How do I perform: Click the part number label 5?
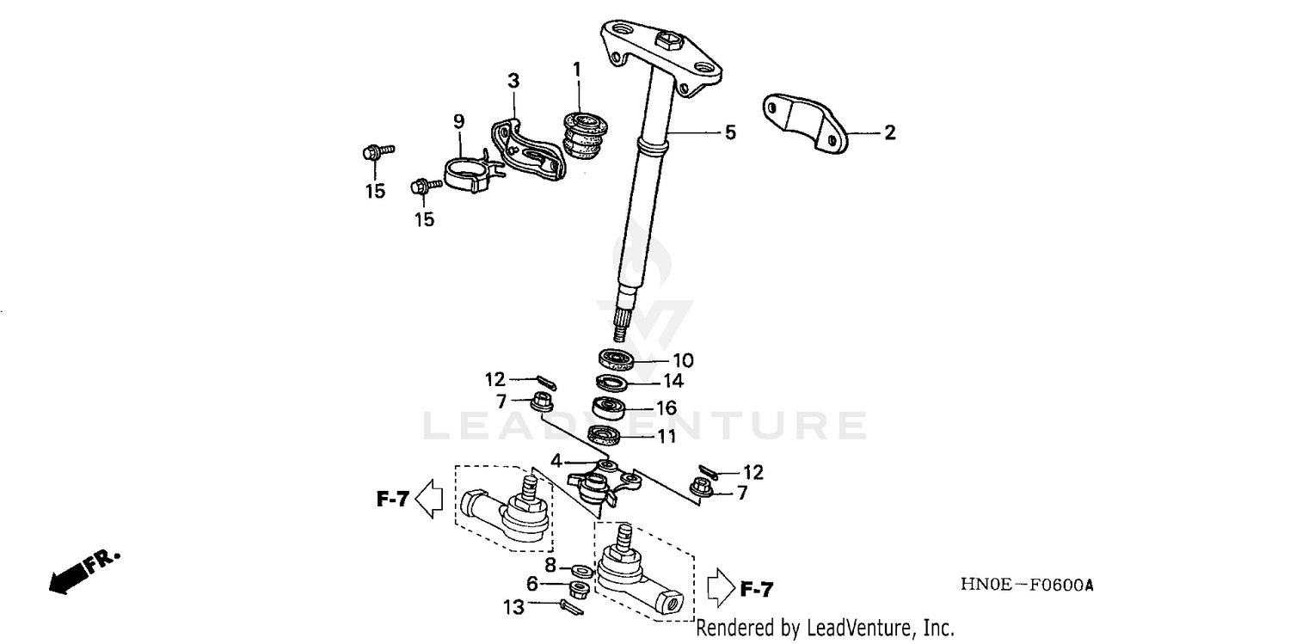pos(730,133)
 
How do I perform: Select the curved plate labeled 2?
pos(803,122)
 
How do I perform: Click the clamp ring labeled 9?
pos(466,173)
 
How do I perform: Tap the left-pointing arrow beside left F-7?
pos(428,498)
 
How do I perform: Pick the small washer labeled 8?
pos(580,570)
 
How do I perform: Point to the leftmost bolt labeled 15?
pos(374,155)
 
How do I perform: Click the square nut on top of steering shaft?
pos(667,39)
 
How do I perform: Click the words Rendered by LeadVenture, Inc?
pos(825,629)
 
